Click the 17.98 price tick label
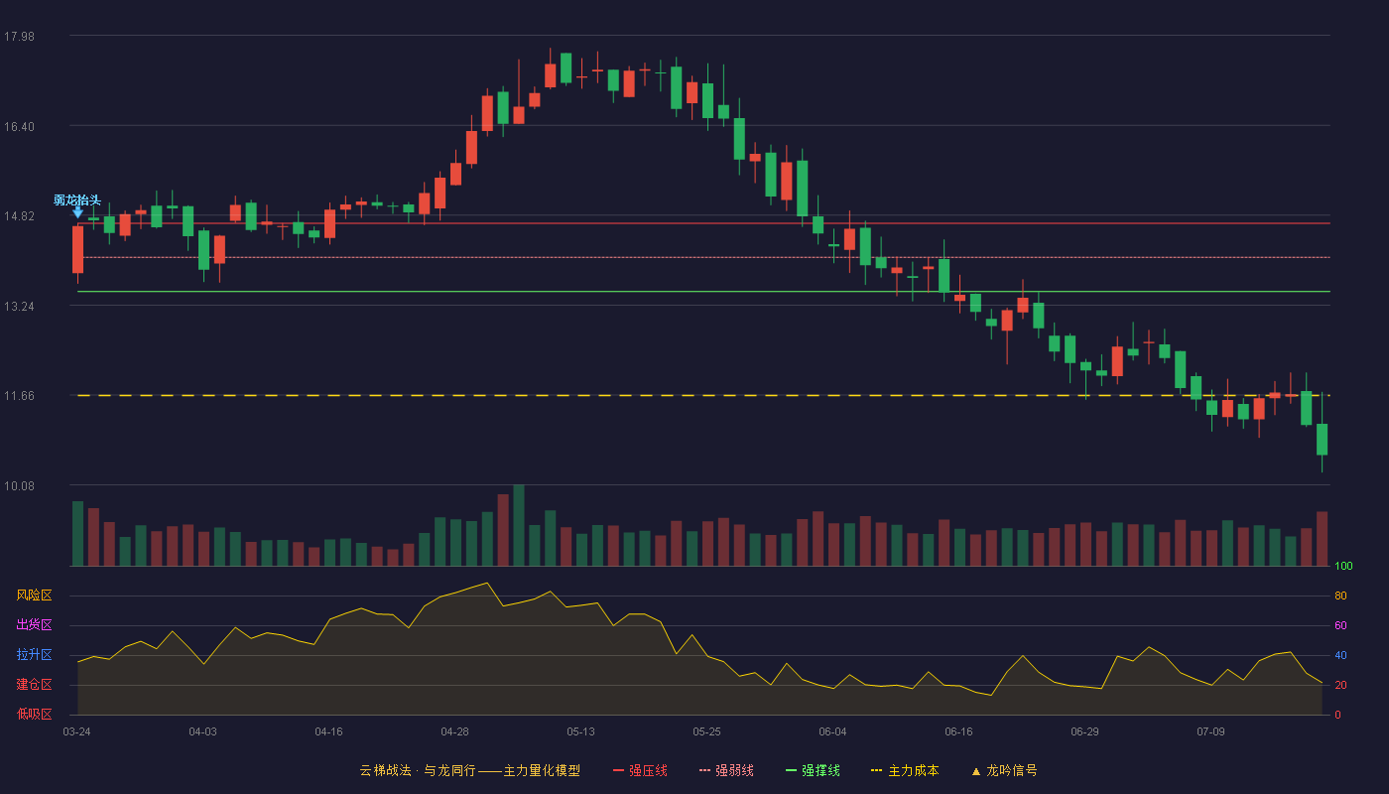[x=19, y=37]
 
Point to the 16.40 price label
[x=19, y=127]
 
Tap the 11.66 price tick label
[x=19, y=396]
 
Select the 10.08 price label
[x=19, y=485]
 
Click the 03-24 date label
[x=77, y=732]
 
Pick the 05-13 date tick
[x=580, y=732]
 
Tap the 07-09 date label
[x=1210, y=732]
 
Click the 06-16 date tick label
[x=958, y=732]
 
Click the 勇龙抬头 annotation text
[x=77, y=199]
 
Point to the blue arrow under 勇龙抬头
[x=77, y=212]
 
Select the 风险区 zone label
[x=34, y=595]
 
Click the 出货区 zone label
[x=34, y=624]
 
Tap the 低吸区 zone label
[x=34, y=714]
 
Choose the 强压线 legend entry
[x=640, y=770]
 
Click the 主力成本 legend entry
[x=905, y=770]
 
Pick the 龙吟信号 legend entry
[x=1004, y=770]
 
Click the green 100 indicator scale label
[x=1343, y=566]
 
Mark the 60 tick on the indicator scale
[x=1340, y=625]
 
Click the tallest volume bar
[x=519, y=525]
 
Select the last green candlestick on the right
[x=1322, y=439]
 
